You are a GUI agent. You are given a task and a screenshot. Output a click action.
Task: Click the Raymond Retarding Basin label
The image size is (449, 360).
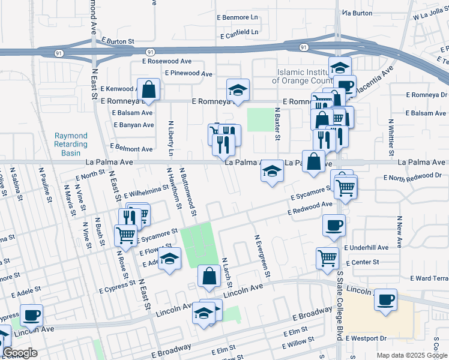click(x=71, y=145)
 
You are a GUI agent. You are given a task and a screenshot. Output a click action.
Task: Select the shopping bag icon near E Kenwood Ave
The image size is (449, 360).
click(x=149, y=90)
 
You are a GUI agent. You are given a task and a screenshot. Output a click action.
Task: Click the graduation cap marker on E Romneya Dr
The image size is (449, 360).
click(x=238, y=90)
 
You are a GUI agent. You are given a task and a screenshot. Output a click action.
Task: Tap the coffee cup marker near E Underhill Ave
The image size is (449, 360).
click(x=333, y=225)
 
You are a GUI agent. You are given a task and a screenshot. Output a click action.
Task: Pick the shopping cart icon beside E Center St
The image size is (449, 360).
click(x=327, y=258)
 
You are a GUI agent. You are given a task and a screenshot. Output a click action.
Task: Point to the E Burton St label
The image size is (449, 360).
click(x=117, y=41)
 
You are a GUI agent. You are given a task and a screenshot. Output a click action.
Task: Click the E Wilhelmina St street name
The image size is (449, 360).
click(x=146, y=191)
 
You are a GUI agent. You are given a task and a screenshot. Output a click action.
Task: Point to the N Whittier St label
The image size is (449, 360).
click(x=391, y=133)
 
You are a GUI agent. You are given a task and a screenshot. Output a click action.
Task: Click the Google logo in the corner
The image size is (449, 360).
click(x=20, y=353)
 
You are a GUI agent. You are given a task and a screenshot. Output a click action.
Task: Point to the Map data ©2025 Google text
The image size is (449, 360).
click(x=411, y=355)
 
